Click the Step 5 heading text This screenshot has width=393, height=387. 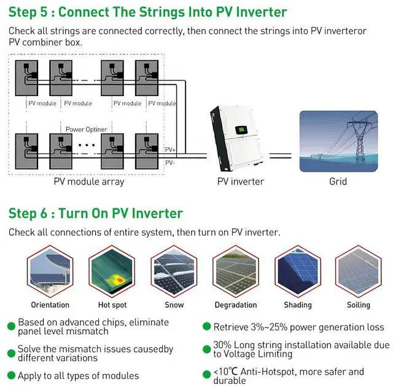coord(147,12)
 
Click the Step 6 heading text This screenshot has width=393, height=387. coord(95,213)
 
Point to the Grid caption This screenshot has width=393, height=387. coord(338,182)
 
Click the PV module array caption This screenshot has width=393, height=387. coord(88,182)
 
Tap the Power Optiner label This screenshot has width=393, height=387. coord(87,129)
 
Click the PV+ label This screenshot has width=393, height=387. coord(171,150)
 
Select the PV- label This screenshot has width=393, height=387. coord(170,162)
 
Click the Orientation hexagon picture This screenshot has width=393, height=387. coord(50,271)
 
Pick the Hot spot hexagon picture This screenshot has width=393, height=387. coord(111,271)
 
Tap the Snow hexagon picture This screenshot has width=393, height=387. coord(173,271)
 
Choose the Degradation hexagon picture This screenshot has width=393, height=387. coord(235,271)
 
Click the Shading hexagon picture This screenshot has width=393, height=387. coord(297,271)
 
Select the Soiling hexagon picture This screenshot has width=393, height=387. coord(359,271)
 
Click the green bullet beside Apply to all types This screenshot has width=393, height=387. coord(12,375)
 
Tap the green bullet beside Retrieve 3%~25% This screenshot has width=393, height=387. coord(208,327)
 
